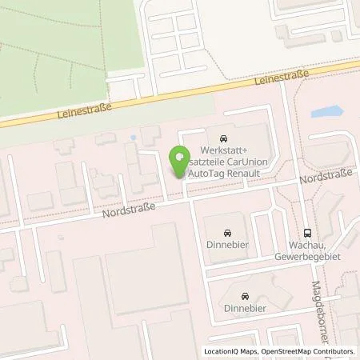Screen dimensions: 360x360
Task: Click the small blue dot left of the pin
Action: tap(132, 137)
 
